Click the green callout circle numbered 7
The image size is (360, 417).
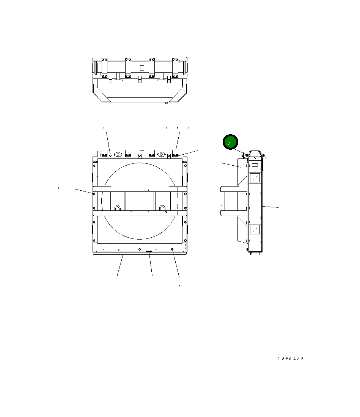pyautogui.click(x=230, y=142)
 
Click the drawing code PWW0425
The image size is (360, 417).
pyautogui.click(x=290, y=359)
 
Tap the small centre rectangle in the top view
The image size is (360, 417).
pyautogui.click(x=142, y=67)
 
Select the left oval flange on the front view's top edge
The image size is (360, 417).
pyautogui.click(x=118, y=154)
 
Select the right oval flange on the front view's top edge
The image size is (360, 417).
pyautogui.click(x=162, y=154)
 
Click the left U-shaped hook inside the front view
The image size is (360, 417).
pyautogui.click(x=118, y=208)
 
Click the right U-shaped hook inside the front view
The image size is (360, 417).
pyautogui.click(x=162, y=208)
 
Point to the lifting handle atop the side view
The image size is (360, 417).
pyautogui.click(x=255, y=152)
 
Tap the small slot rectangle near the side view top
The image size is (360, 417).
pyautogui.click(x=255, y=165)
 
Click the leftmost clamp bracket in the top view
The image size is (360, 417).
pyautogui.click(x=104, y=67)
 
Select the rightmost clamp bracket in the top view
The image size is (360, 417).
pyautogui.click(x=175, y=67)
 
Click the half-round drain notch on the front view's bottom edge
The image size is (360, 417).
pyautogui.click(x=149, y=251)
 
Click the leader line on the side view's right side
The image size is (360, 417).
pyautogui.click(x=270, y=207)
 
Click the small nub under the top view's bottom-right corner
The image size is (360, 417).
pyautogui.click(x=166, y=103)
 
